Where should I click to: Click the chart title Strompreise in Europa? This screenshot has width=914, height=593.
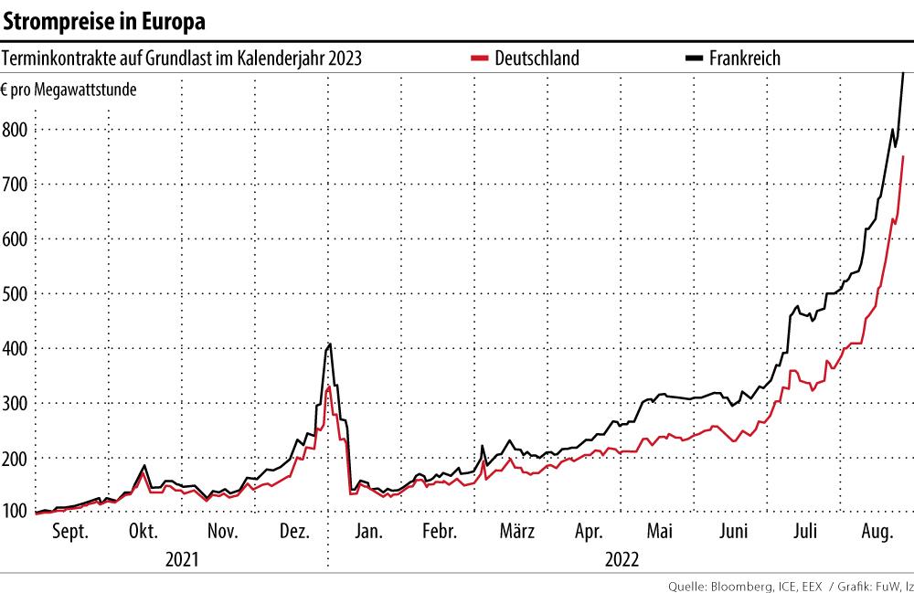(105, 20)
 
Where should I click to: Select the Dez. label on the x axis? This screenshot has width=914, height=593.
(292, 532)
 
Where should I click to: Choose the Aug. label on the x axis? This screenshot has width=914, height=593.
(877, 532)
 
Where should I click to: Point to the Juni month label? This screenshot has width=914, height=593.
(734, 532)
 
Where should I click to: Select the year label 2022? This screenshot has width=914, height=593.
(622, 558)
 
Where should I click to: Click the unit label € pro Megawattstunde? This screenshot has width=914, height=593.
(69, 90)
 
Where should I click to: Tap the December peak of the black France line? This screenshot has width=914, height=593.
(330, 344)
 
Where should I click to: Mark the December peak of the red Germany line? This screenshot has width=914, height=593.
(328, 387)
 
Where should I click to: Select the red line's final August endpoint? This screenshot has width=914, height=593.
(903, 157)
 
